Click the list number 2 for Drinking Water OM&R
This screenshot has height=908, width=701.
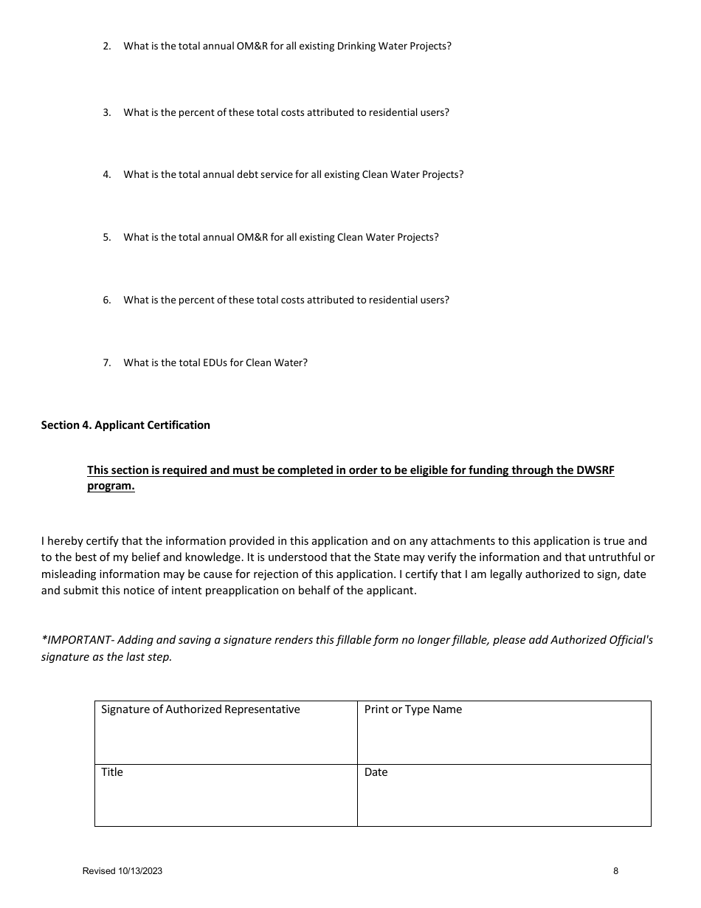point(106,47)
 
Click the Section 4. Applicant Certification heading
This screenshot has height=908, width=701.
point(125,425)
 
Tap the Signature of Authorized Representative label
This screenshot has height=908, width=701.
point(200,709)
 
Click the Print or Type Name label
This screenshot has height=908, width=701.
point(413,709)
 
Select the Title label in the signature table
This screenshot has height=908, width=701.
point(112,772)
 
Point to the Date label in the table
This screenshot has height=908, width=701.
point(376,772)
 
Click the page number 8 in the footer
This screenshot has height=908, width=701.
point(615,871)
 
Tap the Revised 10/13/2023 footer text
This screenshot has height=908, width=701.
point(122,871)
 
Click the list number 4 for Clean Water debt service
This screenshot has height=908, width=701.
point(106,175)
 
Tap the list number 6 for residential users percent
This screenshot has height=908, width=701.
point(106,300)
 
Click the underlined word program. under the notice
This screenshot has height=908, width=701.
point(111,486)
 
